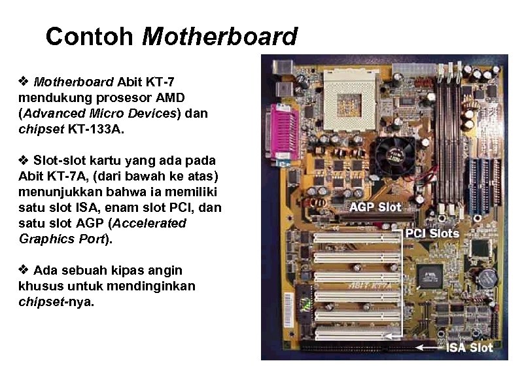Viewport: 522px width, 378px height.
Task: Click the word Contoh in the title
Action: (x=90, y=37)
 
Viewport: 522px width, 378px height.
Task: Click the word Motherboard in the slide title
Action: (x=220, y=37)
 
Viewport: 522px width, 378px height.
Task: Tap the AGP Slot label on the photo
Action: (x=375, y=207)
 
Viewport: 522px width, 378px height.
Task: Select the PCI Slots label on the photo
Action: (x=432, y=233)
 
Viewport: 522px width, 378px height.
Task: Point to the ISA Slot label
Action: (x=470, y=347)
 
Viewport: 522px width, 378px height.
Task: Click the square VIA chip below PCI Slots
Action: (x=428, y=275)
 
